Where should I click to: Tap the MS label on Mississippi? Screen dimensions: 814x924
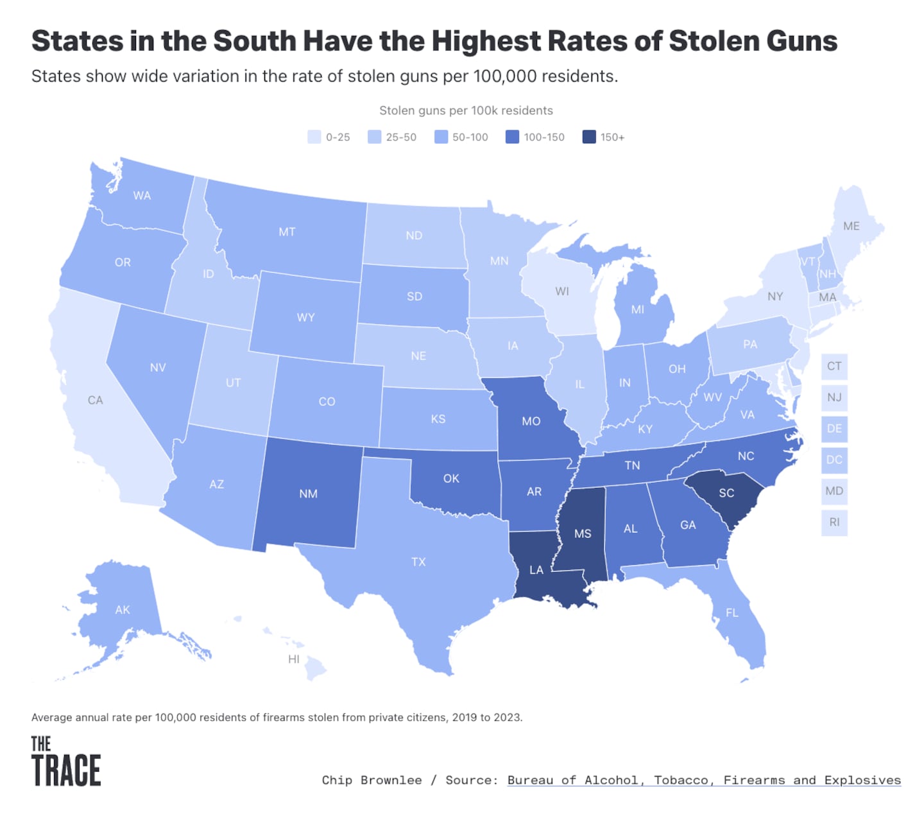pyautogui.click(x=583, y=533)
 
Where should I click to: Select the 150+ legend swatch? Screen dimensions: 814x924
pyautogui.click(x=589, y=137)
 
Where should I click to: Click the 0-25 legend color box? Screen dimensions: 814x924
pyautogui.click(x=314, y=137)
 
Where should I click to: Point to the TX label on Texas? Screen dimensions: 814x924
pyautogui.click(x=418, y=562)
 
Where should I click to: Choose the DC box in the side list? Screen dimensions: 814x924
pyautogui.click(x=834, y=460)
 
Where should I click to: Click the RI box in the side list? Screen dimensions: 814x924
pyautogui.click(x=834, y=522)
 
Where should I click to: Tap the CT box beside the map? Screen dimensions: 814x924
pyautogui.click(x=834, y=366)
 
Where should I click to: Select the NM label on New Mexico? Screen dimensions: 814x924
pyautogui.click(x=308, y=494)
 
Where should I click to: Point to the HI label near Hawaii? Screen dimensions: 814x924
pyautogui.click(x=294, y=659)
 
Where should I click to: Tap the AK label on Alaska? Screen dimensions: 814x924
pyautogui.click(x=123, y=610)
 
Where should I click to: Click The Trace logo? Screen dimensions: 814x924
pyautogui.click(x=66, y=761)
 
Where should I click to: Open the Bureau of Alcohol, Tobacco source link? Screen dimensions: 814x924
pyautogui.click(x=704, y=780)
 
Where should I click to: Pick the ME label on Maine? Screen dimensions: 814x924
pyautogui.click(x=851, y=226)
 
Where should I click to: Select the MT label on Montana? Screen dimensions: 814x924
pyautogui.click(x=287, y=232)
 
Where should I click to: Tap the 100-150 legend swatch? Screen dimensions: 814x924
pyautogui.click(x=512, y=137)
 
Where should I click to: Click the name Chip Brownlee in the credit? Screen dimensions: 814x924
pyautogui.click(x=372, y=780)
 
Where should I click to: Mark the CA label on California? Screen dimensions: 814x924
pyautogui.click(x=95, y=400)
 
